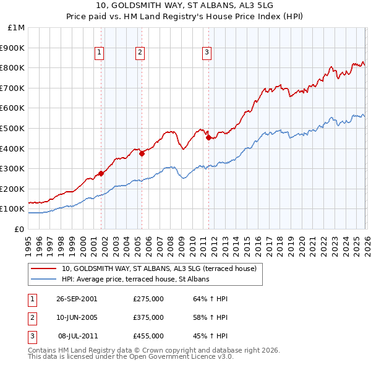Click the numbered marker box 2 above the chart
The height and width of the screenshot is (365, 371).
(140, 53)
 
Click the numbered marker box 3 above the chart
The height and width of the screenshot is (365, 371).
(207, 53)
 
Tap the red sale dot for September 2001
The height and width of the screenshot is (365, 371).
(101, 174)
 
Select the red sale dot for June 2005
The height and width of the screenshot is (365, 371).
(142, 153)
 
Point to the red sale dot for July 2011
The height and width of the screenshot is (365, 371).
(208, 137)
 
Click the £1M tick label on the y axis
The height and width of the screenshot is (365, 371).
(17, 28)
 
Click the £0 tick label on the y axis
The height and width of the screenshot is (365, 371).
(20, 229)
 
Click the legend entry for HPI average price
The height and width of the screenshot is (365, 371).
(135, 280)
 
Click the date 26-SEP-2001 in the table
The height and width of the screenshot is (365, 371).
(77, 299)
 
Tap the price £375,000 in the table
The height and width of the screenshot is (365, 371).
(148, 317)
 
